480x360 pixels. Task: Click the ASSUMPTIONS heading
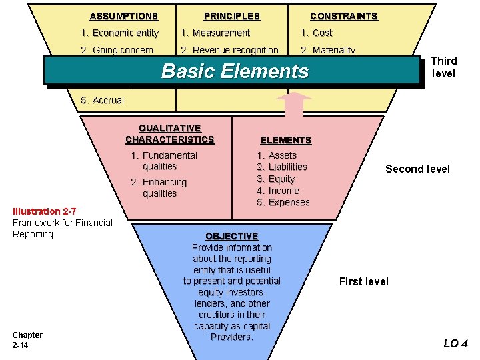124,16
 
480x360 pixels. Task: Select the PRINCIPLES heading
232,16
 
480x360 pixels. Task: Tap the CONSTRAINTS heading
344,16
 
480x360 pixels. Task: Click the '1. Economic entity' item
119,33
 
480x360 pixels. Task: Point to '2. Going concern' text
117,50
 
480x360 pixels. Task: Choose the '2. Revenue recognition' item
230,50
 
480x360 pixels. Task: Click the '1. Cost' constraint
316,33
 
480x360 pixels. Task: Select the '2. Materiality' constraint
328,50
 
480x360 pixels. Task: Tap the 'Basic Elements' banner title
235,71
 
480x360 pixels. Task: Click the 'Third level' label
444,67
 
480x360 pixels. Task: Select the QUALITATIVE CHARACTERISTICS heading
170,134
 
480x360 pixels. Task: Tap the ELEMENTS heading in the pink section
285,140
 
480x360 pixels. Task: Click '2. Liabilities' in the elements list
282,167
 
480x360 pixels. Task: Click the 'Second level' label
417,169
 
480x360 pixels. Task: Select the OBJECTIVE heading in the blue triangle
232,236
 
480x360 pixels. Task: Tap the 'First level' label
363,281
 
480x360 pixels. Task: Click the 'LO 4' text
455,344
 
